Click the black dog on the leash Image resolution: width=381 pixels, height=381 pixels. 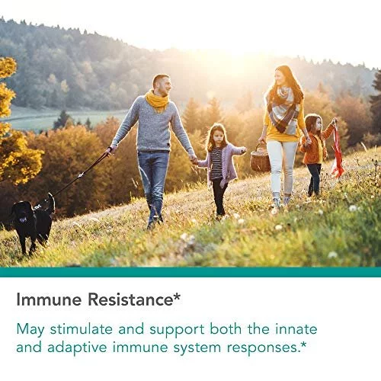pos(32,221)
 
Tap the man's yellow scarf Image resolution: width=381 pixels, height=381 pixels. pos(157,101)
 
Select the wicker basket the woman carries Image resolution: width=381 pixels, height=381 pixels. pos(260,158)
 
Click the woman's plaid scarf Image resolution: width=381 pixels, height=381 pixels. pos(283,109)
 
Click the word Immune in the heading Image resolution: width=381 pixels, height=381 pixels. pos(49,299)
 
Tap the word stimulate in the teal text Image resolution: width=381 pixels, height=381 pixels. pos(81,329)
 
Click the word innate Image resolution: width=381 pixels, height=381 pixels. pos(296,329)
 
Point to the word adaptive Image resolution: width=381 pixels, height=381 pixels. pos(77,347)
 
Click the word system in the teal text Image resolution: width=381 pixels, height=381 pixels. pos(197,348)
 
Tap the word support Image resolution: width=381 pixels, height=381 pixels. pos(177,330)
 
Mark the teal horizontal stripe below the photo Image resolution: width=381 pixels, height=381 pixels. pos(190,272)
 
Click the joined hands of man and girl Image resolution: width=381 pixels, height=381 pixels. pos(194,159)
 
